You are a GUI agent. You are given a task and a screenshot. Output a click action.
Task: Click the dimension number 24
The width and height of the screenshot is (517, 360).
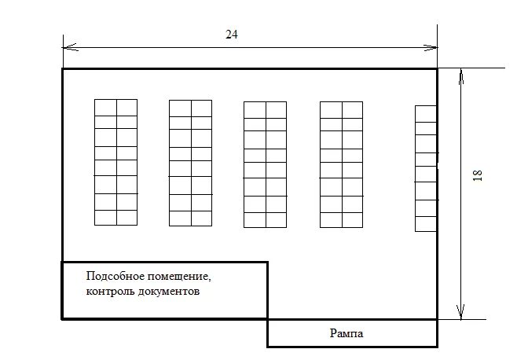[231, 35]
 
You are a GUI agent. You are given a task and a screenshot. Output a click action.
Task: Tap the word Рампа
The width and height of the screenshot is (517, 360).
[346, 334]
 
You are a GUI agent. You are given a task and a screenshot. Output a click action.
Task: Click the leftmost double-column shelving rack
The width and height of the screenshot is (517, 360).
[116, 163]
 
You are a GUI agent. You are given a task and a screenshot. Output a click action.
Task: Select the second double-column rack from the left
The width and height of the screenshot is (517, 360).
[191, 163]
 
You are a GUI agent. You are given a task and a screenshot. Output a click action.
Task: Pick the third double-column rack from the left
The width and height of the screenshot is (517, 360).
[265, 164]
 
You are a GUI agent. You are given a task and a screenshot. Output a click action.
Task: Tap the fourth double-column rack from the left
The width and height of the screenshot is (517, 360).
[341, 164]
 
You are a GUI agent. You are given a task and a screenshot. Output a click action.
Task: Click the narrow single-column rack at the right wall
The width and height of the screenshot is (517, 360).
[426, 167]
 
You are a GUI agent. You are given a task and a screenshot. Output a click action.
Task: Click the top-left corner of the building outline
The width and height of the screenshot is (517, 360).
[63, 69]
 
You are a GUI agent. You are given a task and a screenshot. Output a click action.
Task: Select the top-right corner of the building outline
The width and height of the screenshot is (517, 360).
[437, 69]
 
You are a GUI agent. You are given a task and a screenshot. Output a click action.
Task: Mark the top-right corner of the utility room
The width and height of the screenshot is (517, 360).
[267, 262]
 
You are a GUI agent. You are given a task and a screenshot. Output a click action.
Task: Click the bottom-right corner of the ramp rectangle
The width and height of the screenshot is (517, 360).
[437, 346]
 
